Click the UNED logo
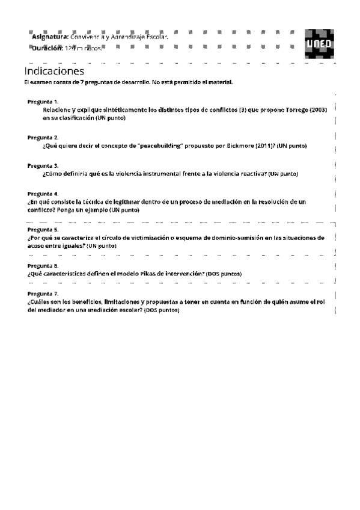coord(317,43)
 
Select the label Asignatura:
coord(50,37)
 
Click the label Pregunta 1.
coord(43,102)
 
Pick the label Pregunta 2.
coord(43,138)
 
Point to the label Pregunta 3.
coord(43,165)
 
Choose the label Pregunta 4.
coord(43,194)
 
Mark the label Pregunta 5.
coord(43,230)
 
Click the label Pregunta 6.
coord(43,265)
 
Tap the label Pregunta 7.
coord(43,293)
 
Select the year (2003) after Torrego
coord(319,111)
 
